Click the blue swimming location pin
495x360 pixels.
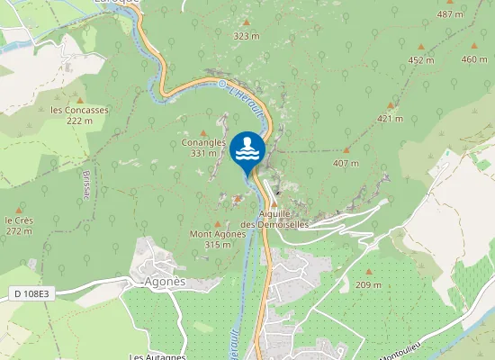tap(247, 150)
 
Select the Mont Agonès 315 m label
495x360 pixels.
tap(218, 238)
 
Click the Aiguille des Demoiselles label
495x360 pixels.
tap(282, 219)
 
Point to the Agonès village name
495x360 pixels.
tap(165, 281)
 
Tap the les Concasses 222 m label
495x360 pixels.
tap(79, 115)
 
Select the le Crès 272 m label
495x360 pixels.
tap(19, 225)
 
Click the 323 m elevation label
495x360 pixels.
tap(246, 36)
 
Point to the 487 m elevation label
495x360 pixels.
tap(450, 15)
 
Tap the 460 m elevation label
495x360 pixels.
tap(473, 59)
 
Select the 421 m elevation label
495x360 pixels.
tap(390, 119)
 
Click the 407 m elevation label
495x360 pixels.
tap(346, 163)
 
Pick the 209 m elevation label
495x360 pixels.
tap(368, 284)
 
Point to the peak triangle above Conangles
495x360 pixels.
tap(202, 132)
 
